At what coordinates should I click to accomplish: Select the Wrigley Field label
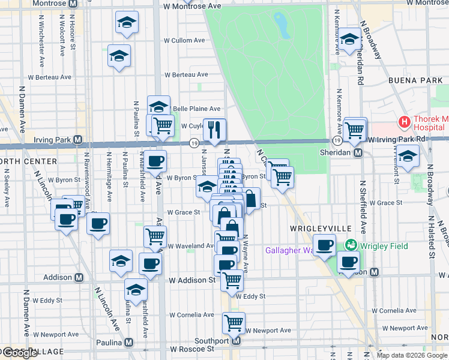384,246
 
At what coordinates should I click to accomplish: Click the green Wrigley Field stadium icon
351,245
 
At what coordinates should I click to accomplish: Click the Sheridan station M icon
357,153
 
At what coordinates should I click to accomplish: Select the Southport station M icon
236,341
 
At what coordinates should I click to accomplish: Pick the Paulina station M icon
128,343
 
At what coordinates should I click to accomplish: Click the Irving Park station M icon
77,140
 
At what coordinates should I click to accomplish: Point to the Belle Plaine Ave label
196,109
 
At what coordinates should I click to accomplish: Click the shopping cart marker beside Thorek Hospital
355,128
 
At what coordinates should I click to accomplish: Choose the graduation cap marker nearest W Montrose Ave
125,24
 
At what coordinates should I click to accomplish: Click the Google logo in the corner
20,353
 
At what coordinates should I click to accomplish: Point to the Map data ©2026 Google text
412,355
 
